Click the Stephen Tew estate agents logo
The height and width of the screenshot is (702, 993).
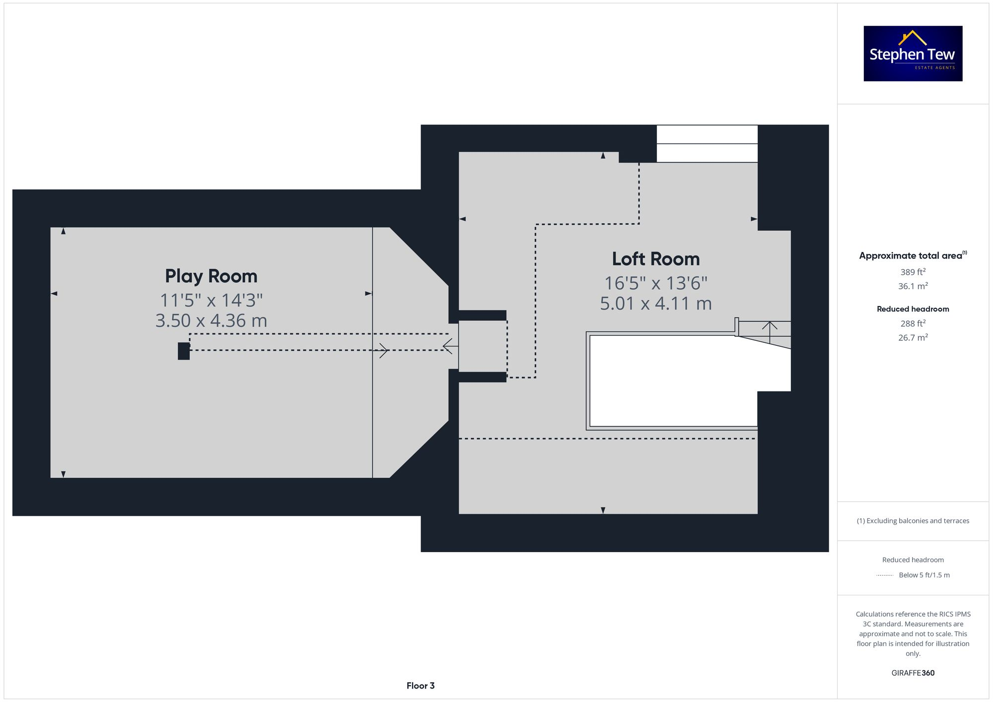click(x=913, y=54)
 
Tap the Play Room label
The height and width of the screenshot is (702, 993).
click(x=211, y=276)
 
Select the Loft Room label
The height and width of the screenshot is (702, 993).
click(x=655, y=259)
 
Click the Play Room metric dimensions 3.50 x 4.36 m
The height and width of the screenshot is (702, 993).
click(x=211, y=321)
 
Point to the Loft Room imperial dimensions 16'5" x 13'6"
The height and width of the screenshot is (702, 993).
click(x=655, y=283)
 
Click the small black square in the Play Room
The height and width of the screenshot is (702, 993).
click(x=184, y=351)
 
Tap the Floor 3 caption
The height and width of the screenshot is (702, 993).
click(x=420, y=686)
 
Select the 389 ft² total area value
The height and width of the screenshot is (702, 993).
click(x=913, y=272)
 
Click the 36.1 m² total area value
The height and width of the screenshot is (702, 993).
click(x=913, y=286)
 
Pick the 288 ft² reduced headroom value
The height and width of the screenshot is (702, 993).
click(x=913, y=323)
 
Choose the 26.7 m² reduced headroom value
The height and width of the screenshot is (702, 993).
click(x=913, y=337)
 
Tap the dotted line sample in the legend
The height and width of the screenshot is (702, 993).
click(x=885, y=575)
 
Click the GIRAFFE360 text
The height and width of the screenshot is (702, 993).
click(x=913, y=673)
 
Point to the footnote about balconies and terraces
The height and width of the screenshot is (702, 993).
click(x=913, y=521)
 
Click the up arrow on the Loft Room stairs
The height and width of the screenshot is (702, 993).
click(x=770, y=327)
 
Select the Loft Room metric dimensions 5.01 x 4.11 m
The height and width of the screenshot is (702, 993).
click(x=655, y=304)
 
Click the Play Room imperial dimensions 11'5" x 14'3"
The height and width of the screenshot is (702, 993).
click(x=211, y=300)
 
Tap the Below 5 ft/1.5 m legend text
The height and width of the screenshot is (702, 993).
click(x=924, y=575)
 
